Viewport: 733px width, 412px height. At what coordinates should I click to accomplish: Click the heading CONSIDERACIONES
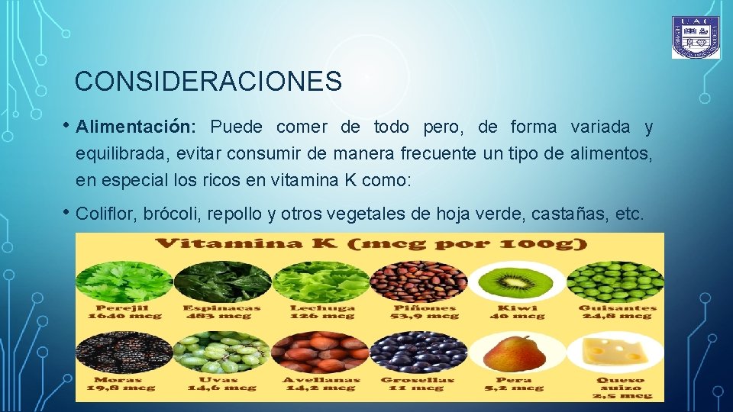208,81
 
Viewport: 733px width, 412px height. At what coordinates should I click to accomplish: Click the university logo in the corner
696,37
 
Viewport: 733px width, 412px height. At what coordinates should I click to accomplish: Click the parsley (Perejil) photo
124,281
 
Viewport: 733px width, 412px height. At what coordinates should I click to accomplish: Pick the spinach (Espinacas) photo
222,281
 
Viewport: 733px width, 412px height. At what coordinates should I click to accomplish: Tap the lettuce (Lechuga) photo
321,281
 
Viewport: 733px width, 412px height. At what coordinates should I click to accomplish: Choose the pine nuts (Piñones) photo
418,281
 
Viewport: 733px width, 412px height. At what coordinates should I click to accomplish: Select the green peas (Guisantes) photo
615,281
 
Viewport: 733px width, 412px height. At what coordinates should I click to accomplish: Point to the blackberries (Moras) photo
124,352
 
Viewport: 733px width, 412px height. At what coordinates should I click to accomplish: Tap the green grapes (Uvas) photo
222,352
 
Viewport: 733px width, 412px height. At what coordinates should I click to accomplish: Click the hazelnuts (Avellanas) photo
321,352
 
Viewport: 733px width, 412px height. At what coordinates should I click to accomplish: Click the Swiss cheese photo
615,352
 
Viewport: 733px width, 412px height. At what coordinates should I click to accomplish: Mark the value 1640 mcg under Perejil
124,316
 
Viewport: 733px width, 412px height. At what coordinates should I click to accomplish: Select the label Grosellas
418,379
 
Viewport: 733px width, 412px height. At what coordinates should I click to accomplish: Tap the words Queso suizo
621,384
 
